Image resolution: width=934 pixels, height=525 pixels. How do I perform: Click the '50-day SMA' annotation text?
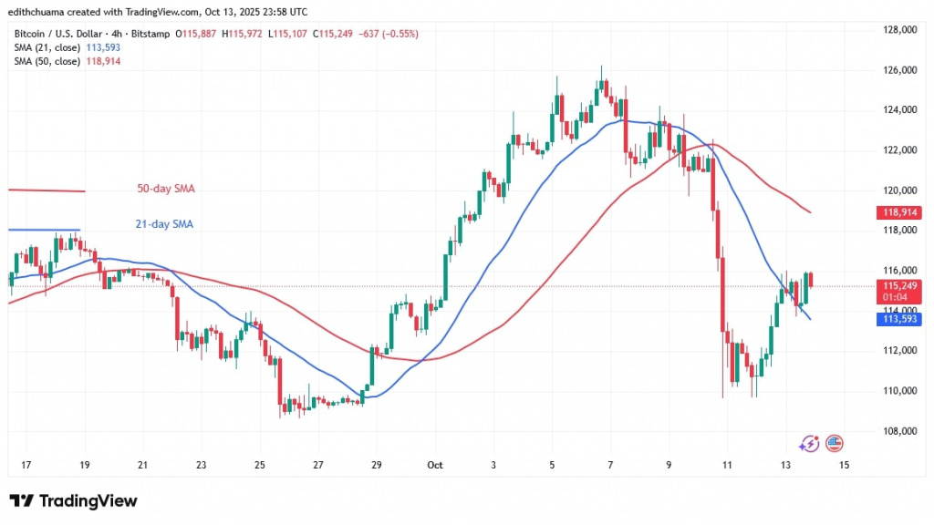159,189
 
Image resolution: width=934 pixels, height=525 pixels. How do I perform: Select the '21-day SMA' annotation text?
159,223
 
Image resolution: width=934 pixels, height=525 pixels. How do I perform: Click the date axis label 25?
259,465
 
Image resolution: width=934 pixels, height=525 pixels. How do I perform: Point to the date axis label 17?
26,465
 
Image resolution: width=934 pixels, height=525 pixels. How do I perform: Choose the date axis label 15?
844,465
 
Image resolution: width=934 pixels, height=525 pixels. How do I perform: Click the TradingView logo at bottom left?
73,501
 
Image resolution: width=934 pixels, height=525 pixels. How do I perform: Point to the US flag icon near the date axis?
834,444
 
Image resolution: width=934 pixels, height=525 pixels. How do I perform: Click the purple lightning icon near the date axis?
808,444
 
